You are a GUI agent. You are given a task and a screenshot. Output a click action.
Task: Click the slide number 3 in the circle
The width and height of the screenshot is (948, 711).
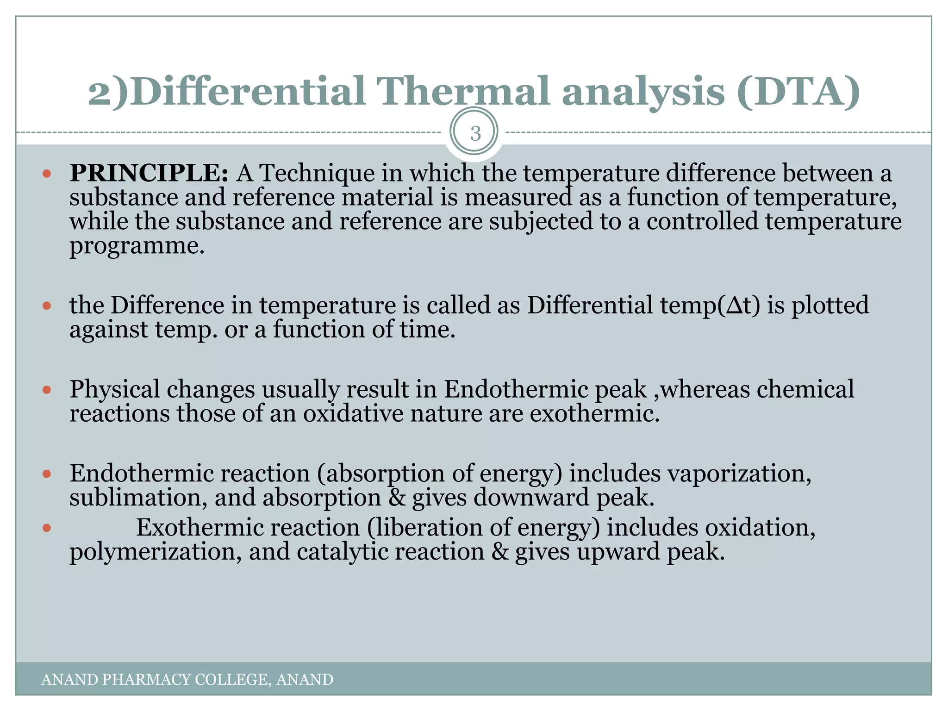(474, 133)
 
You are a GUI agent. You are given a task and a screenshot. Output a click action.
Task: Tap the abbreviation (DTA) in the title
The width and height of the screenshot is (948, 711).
(798, 91)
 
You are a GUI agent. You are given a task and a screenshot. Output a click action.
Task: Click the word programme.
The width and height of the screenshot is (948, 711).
(137, 246)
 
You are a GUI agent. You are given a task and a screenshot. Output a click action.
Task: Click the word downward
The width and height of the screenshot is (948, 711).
(531, 498)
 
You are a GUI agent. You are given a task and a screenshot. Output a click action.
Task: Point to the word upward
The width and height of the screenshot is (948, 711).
(618, 552)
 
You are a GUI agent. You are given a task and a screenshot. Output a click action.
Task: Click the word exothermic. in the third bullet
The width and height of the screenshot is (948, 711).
(594, 413)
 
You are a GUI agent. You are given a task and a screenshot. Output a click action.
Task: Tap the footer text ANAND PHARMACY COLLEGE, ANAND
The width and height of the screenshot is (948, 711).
(187, 680)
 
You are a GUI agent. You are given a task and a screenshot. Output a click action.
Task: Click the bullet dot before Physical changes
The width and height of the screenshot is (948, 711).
(46, 390)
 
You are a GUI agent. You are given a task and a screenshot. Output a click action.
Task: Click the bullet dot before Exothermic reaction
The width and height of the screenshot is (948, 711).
(46, 528)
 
